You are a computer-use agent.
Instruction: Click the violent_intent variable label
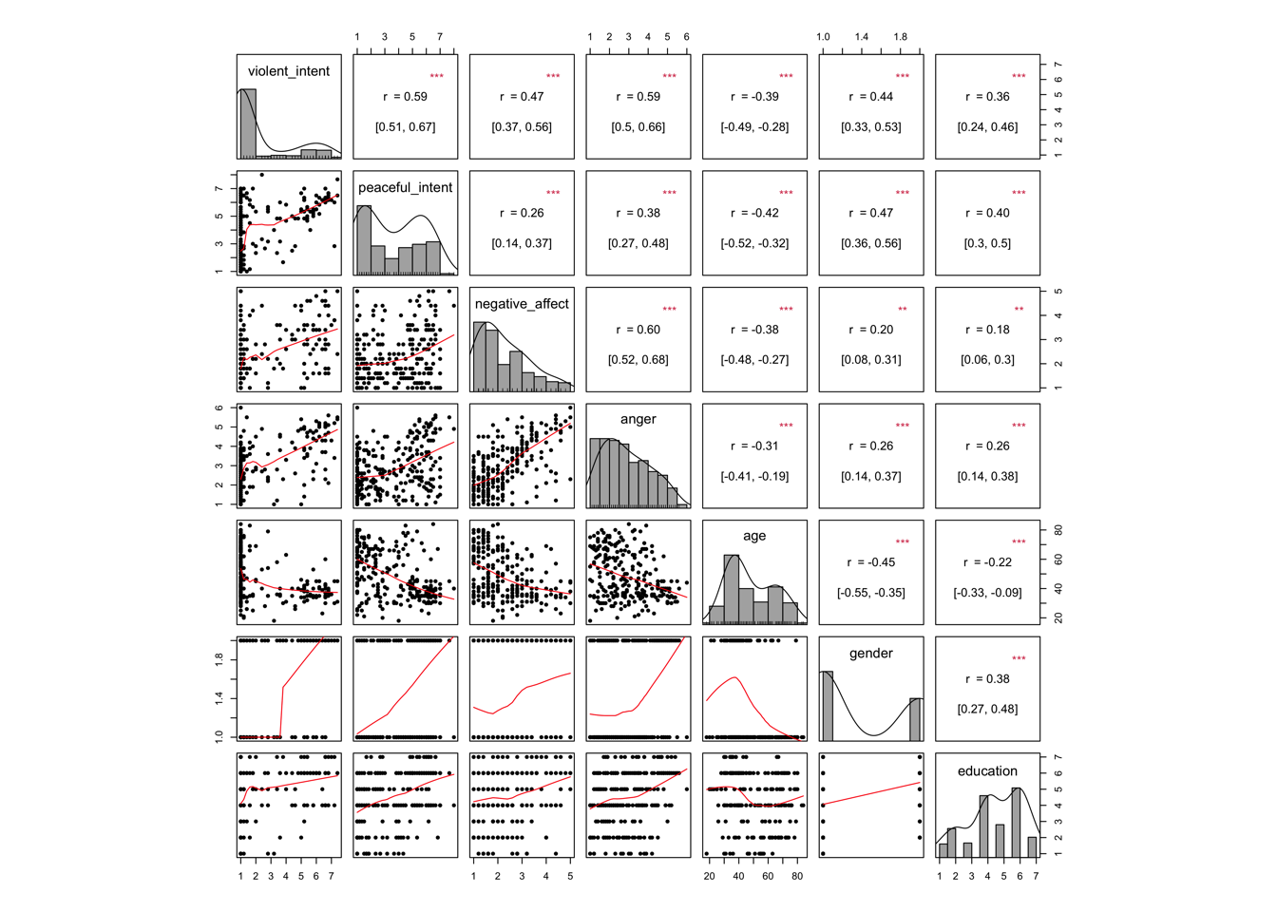pos(289,71)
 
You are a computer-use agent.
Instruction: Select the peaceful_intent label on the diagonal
pos(406,188)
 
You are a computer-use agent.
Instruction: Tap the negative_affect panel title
pos(522,304)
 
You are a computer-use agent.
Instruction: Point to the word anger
pos(638,419)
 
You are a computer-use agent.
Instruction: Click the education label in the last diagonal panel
pos(987,771)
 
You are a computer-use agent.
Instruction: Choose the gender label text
pos(871,654)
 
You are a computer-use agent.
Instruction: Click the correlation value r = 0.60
pos(638,330)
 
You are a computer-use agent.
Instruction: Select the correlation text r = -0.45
pos(871,562)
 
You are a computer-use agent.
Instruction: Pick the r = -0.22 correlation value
pos(987,562)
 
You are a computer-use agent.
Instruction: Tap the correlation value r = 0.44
pos(871,97)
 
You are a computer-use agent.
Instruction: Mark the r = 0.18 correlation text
pos(987,330)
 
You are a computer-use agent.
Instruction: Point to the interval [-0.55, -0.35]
pos(871,593)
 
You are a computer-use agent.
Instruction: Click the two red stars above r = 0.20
pos(903,310)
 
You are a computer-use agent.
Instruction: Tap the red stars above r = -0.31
pos(786,426)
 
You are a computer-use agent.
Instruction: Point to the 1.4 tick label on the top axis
pos(862,37)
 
